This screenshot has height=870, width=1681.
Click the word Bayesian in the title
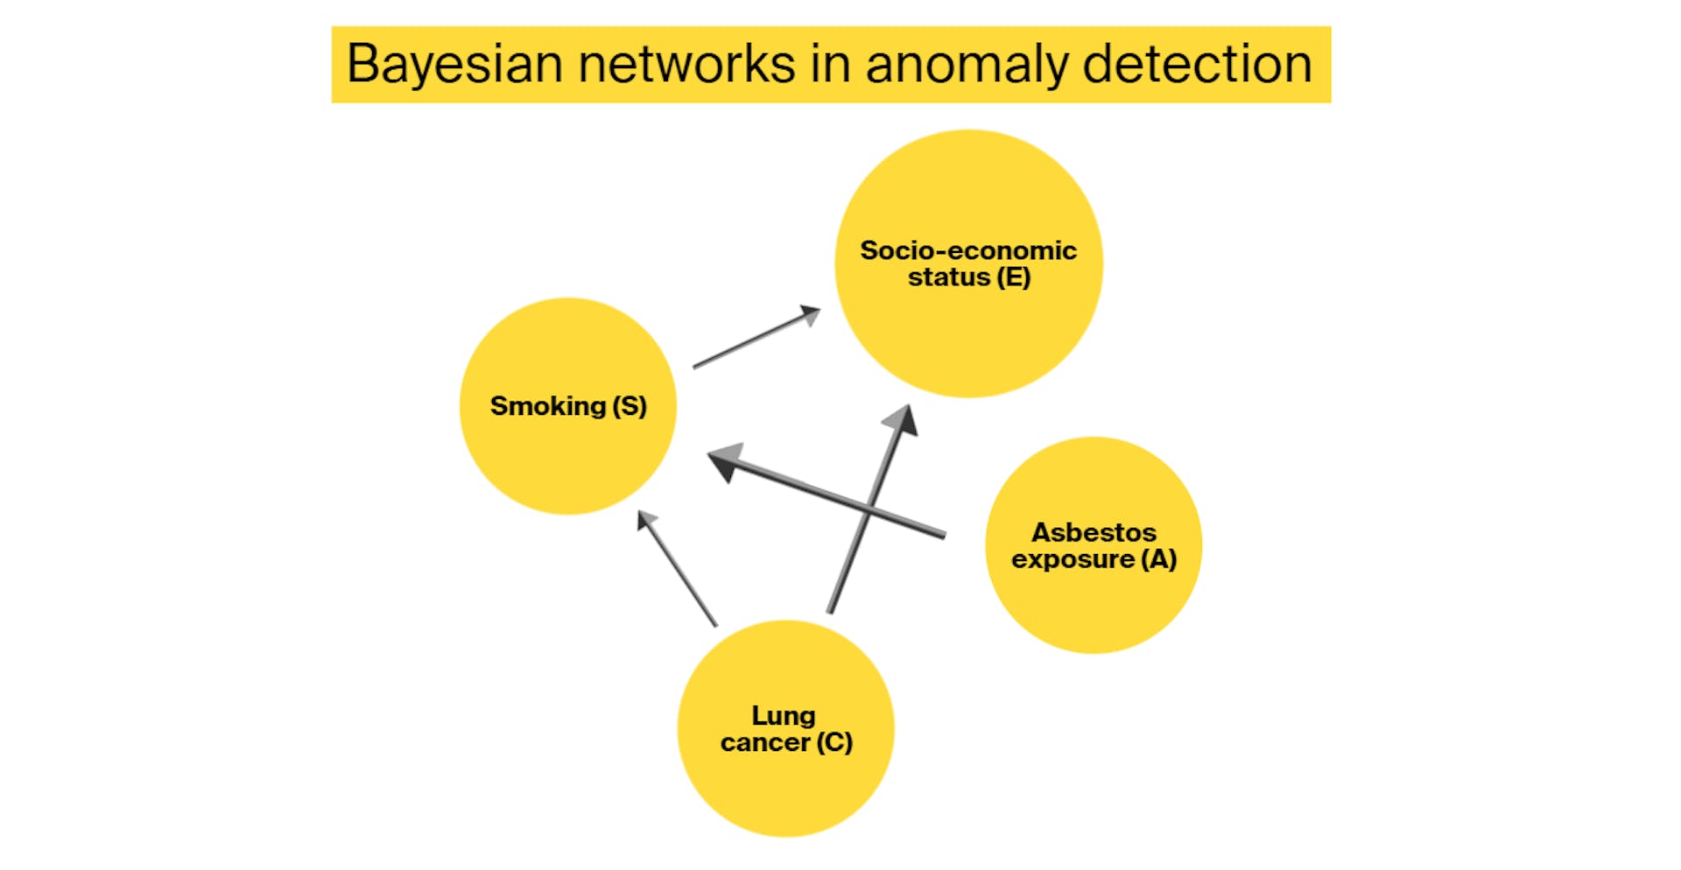454,64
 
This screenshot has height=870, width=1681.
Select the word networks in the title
686,64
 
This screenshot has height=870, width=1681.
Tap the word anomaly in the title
966,64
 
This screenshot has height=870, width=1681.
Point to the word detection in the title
1197,64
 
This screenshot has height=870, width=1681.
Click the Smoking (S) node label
568,406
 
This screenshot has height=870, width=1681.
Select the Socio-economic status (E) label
968,263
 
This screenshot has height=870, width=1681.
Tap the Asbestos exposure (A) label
1094,545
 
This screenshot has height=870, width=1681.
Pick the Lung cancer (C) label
785,729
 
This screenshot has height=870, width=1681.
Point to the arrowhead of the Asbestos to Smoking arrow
725,460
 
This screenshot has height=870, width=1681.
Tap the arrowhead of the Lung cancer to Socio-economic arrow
902,419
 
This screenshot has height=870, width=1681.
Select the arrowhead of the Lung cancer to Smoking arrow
646,520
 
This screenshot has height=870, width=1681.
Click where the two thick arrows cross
868,509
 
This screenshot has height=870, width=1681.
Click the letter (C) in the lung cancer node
833,743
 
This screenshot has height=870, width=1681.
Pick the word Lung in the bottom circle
784,716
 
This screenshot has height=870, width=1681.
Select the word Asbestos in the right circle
1094,532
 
